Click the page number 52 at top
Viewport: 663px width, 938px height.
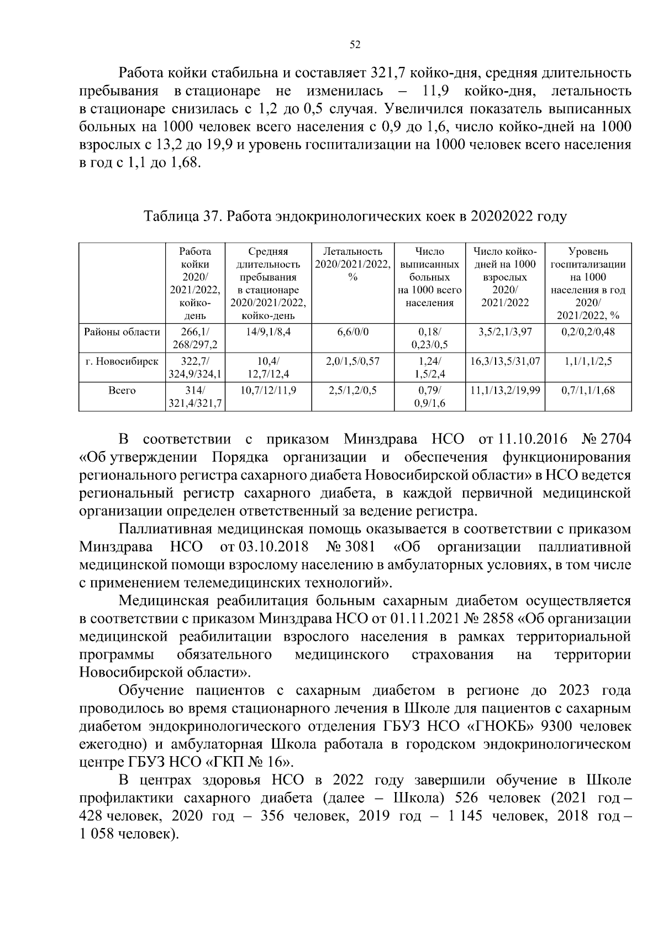click(355, 45)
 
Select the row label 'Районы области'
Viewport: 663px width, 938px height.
click(122, 332)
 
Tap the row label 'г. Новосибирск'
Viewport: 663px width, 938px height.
click(122, 361)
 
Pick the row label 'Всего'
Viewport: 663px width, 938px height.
click(122, 391)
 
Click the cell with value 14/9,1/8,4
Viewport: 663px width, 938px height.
click(268, 332)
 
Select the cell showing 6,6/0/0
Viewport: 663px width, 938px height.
click(352, 332)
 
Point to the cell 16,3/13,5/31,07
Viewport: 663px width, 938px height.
click(504, 361)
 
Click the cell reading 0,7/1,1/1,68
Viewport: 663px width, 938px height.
click(588, 391)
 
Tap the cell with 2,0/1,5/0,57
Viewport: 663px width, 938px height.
click(352, 361)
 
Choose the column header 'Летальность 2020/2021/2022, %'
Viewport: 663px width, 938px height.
click(352, 264)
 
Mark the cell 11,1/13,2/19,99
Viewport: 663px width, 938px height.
click(504, 391)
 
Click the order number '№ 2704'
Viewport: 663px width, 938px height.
click(606, 440)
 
